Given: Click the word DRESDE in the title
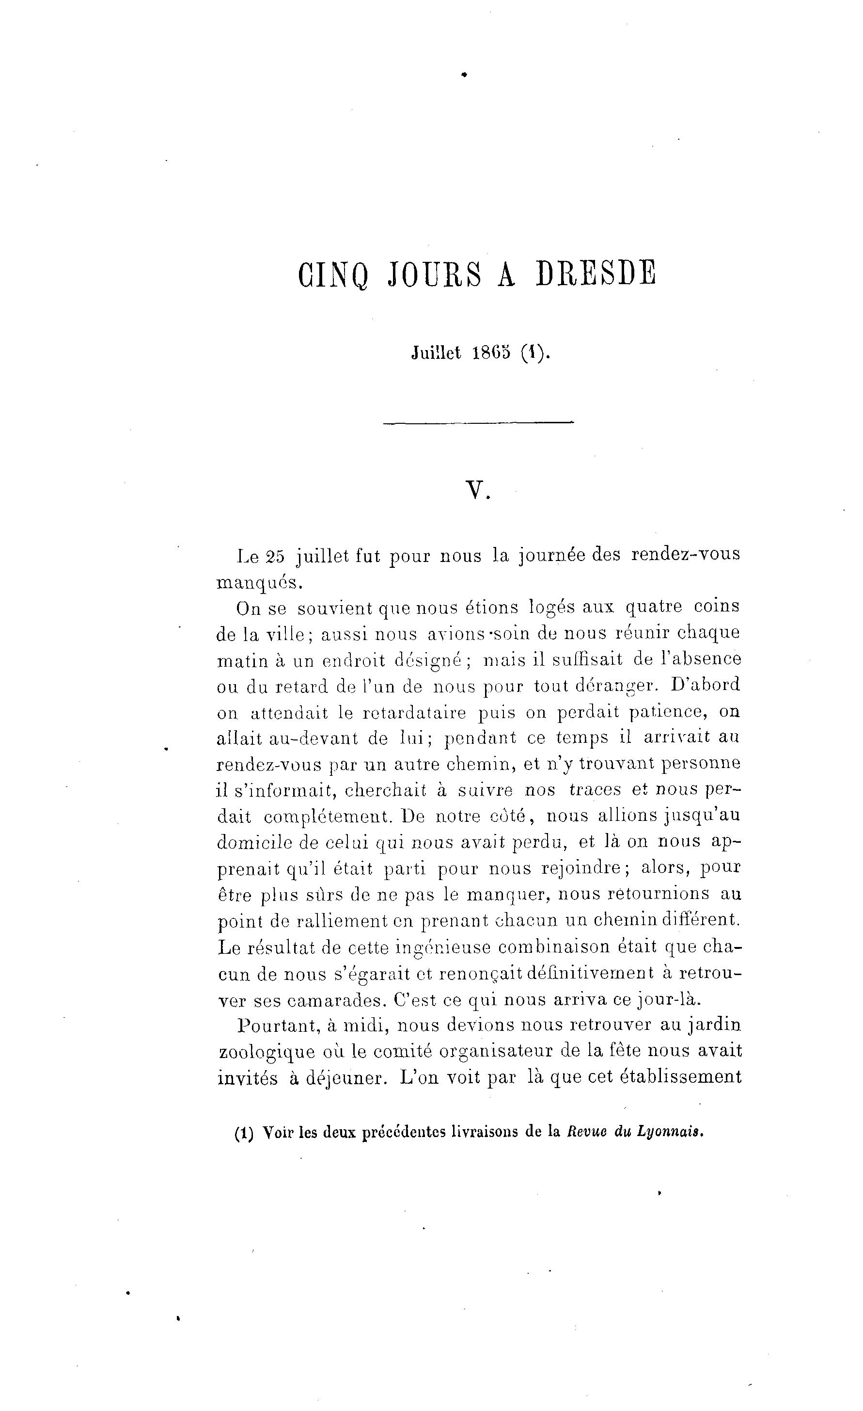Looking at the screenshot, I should [x=596, y=274].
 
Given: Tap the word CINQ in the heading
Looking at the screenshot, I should [x=332, y=275].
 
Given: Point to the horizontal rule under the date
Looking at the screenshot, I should [x=478, y=423].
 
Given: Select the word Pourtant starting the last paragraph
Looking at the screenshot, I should [x=278, y=1026].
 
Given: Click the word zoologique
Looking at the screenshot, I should [x=267, y=1053].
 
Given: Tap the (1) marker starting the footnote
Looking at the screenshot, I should [x=244, y=1133].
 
